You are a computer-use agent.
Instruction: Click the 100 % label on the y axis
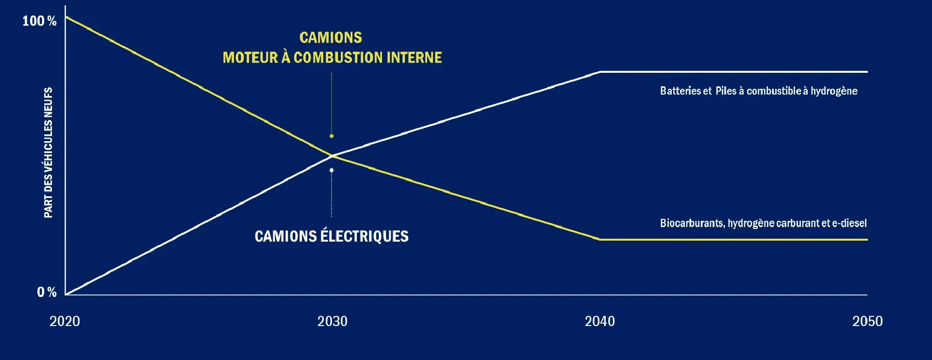pyautogui.click(x=39, y=21)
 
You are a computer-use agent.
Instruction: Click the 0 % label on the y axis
pyautogui.click(x=47, y=292)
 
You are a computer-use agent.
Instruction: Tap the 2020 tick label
pyautogui.click(x=65, y=321)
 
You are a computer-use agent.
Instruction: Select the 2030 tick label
pyautogui.click(x=332, y=321)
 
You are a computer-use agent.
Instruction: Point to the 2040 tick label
pyautogui.click(x=599, y=321)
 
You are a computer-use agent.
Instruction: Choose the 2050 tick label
pyautogui.click(x=867, y=321)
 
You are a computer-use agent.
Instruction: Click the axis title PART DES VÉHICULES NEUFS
pyautogui.click(x=48, y=152)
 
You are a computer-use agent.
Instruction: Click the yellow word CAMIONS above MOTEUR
pyautogui.click(x=331, y=38)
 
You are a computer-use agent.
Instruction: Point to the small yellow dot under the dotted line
pyautogui.click(x=332, y=136)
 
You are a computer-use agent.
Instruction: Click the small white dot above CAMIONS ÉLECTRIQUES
pyautogui.click(x=332, y=170)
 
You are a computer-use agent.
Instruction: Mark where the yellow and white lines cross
pyautogui.click(x=333, y=156)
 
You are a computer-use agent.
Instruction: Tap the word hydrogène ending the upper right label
pyautogui.click(x=834, y=91)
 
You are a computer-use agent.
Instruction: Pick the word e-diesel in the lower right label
pyautogui.click(x=849, y=223)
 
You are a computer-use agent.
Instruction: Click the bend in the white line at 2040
pyautogui.click(x=600, y=72)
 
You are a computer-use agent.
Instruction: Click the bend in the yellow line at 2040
pyautogui.click(x=600, y=239)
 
